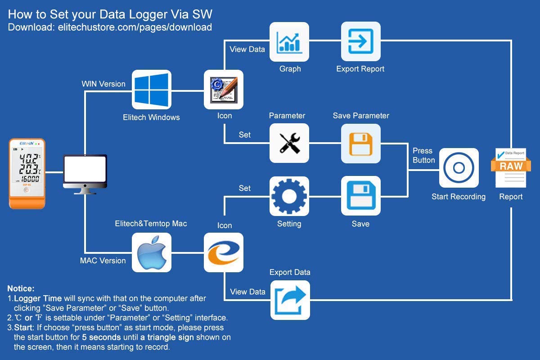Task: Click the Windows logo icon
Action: [151, 90]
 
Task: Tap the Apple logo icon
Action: [151, 252]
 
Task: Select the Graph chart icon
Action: [289, 42]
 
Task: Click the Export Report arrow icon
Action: [360, 41]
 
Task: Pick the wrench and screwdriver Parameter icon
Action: [289, 143]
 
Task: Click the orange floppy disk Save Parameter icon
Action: [360, 144]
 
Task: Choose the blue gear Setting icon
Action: [289, 196]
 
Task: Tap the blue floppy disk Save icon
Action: [360, 196]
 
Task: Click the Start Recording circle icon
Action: [459, 168]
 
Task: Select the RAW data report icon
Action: [511, 167]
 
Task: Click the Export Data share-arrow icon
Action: [290, 300]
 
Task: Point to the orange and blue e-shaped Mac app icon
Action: [224, 252]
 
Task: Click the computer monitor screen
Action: [85, 169]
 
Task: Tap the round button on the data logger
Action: [27, 190]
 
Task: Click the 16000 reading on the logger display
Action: [30, 179]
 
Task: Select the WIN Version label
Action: [103, 84]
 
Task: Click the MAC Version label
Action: [103, 261]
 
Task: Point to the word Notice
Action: [21, 288]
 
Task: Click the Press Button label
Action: [424, 155]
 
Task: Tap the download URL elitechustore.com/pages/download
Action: [135, 27]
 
